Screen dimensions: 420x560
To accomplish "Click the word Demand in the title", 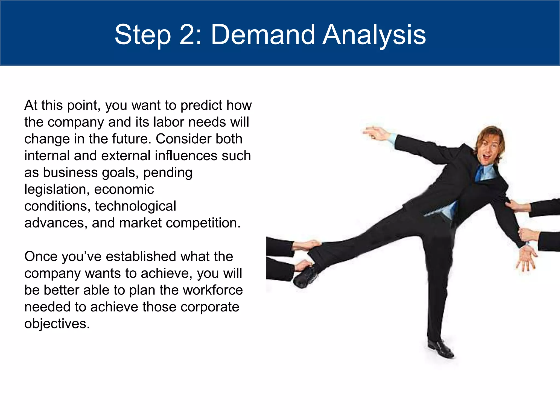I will [x=263, y=35].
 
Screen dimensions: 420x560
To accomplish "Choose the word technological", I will [x=135, y=206].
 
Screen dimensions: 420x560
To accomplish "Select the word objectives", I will [x=57, y=324].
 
